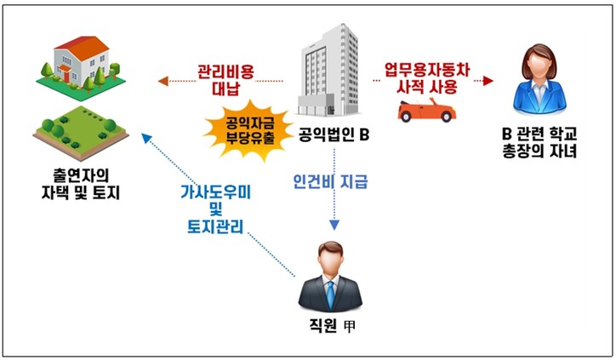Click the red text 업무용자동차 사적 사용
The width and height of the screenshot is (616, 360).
[x=426, y=77]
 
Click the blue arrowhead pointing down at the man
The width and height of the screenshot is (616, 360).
[x=334, y=226]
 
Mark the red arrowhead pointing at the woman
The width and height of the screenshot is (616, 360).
[x=488, y=81]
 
